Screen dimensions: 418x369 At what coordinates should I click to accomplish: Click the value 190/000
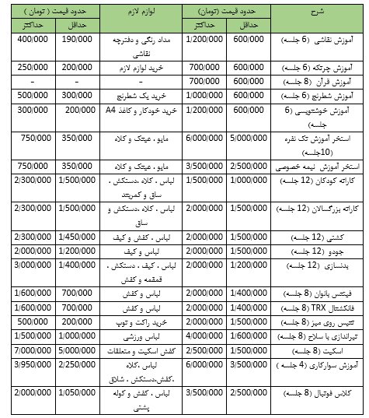point(77,39)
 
